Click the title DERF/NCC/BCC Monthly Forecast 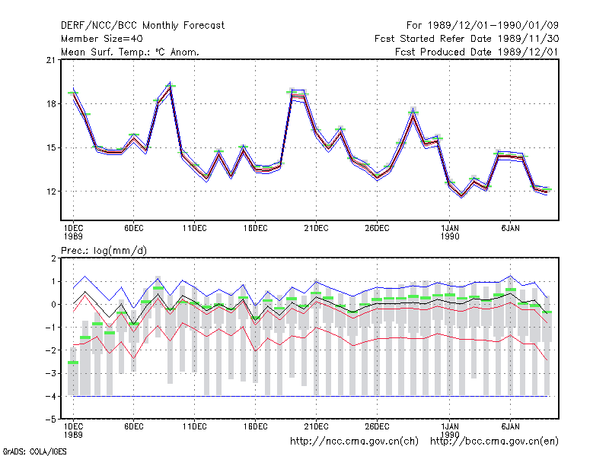pos(142,26)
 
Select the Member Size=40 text pos(102,39)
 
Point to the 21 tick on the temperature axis pos(50,60)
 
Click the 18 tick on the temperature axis pos(50,104)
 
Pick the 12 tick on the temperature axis pos(50,192)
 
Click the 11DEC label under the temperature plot pos(195,229)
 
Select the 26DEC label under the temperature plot pos(377,229)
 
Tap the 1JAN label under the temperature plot pos(450,229)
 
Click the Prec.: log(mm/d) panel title pos(104,251)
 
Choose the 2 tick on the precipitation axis pos(53,258)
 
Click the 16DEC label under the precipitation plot pos(255,426)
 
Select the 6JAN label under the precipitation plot pos(510,426)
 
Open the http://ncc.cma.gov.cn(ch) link pos(354,442)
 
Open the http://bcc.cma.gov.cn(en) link pos(494,442)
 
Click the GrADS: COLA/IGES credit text pos(34,451)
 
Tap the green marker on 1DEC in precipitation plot pos(73,363)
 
